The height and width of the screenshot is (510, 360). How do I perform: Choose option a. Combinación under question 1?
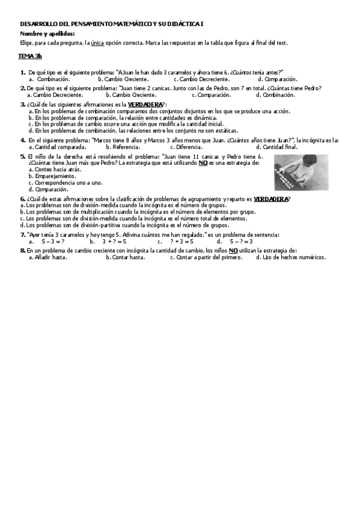coord(49,79)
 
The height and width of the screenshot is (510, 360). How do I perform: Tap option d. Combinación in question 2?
coord(275,94)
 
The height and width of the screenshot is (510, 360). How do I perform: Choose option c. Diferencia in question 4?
coord(186,147)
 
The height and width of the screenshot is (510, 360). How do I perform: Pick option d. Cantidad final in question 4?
coord(276,147)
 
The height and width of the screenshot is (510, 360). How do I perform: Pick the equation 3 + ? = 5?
coord(114,241)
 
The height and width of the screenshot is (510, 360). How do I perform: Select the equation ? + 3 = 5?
coord(181,241)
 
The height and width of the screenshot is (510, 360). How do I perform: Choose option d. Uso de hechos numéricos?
coord(291,257)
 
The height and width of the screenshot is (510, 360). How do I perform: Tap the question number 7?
coord(23,234)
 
